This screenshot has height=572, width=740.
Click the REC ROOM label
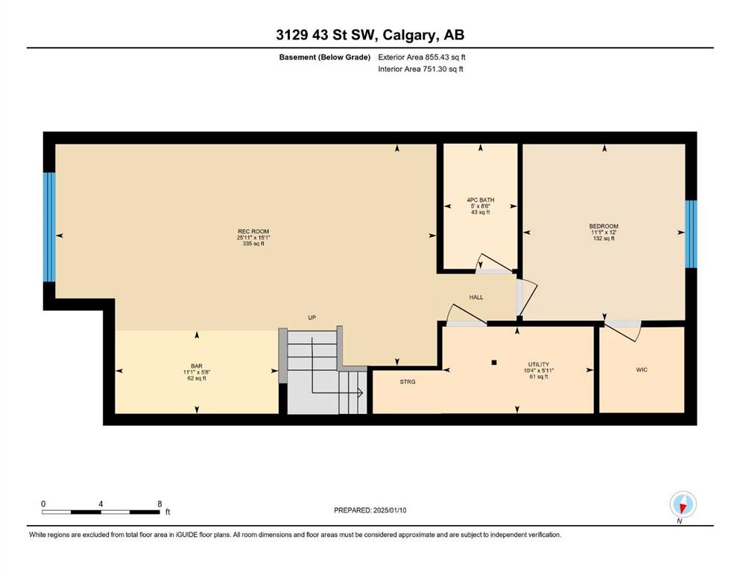[x=253, y=231]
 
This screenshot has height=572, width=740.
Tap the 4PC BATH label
[x=481, y=200]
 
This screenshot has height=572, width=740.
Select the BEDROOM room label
[x=604, y=226]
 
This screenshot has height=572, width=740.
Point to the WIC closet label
[x=642, y=369]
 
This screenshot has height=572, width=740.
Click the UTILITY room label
[x=539, y=364]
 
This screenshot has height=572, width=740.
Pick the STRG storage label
[x=408, y=381]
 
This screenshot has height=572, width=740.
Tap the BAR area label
[x=197, y=366]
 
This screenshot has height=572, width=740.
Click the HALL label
[x=476, y=297]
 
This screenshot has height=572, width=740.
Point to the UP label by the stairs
[x=312, y=318]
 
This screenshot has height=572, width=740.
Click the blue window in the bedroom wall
[x=691, y=234]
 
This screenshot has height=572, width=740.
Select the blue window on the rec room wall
[x=49, y=227]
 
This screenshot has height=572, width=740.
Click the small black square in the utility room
[x=494, y=363]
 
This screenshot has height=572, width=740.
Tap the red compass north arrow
[x=683, y=507]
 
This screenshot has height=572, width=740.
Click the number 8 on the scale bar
[x=159, y=503]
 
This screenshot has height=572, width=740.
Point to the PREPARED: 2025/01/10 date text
[x=370, y=510]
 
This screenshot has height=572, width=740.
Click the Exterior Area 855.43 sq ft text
[x=422, y=57]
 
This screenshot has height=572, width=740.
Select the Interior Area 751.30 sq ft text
[x=420, y=69]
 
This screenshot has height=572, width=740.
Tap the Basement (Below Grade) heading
[x=325, y=57]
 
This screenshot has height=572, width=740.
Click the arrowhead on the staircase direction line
[x=360, y=393]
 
